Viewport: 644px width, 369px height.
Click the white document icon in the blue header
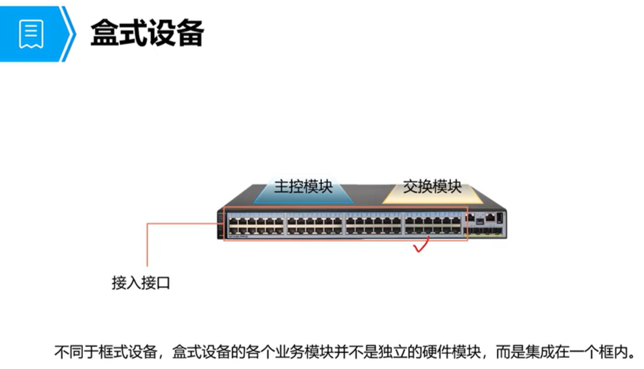30,32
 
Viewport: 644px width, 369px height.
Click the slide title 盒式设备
147,33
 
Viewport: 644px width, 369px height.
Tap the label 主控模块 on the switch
303,186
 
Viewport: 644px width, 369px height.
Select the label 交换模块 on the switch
432,186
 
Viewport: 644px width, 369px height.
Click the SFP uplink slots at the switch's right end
488,232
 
